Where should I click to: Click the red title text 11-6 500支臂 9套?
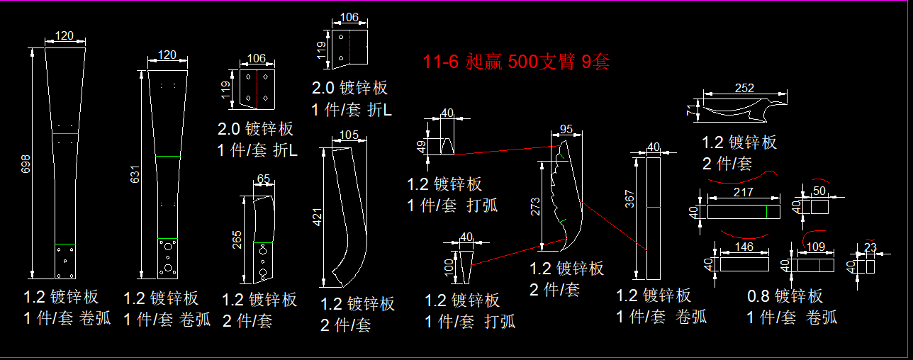(x=516, y=62)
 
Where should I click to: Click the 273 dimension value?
(x=535, y=206)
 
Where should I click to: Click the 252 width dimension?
(x=744, y=88)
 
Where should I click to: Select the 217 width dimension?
(x=744, y=192)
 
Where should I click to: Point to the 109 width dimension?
(x=816, y=247)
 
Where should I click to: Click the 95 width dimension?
(x=566, y=129)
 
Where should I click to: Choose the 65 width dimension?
(x=263, y=179)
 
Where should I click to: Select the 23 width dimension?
(x=870, y=247)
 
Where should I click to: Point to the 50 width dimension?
(x=819, y=191)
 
